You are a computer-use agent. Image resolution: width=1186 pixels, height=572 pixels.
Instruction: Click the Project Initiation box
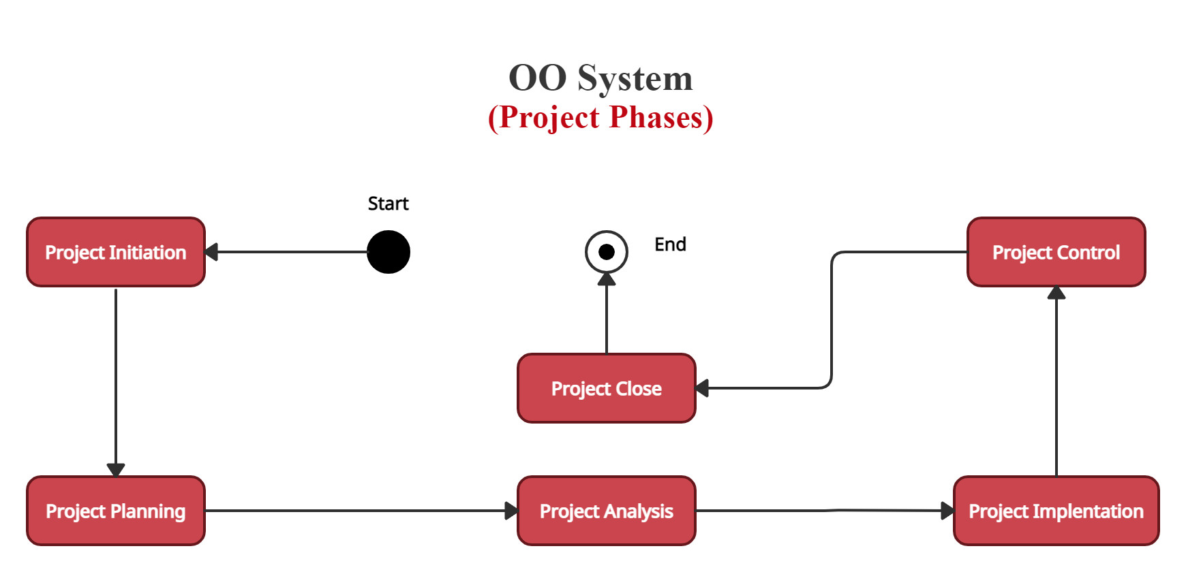click(116, 252)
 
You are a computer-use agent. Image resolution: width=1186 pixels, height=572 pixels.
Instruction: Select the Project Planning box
click(116, 511)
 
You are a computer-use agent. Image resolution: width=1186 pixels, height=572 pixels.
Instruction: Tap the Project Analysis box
click(607, 511)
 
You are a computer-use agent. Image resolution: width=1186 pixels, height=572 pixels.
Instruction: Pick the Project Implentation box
click(1056, 511)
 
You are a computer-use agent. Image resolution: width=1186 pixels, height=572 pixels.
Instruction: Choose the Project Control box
click(1056, 252)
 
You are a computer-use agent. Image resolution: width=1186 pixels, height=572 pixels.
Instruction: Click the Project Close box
click(607, 388)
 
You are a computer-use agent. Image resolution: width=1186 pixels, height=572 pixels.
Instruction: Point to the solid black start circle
click(389, 252)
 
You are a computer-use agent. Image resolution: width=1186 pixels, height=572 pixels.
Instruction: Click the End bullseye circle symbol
click(607, 252)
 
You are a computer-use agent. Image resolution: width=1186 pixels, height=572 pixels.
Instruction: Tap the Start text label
click(388, 204)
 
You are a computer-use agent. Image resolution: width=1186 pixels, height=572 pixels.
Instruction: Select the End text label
click(670, 244)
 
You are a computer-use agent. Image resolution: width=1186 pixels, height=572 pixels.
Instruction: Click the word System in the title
click(635, 78)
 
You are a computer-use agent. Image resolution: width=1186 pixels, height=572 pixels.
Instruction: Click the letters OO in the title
click(538, 78)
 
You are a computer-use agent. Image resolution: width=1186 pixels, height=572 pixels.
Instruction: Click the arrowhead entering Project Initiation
click(211, 252)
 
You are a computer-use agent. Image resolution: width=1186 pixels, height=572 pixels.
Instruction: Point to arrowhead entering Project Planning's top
click(116, 470)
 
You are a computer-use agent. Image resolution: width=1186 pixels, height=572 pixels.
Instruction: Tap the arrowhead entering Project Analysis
click(511, 511)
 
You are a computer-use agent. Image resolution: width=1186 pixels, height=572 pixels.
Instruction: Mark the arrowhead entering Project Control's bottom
click(1056, 293)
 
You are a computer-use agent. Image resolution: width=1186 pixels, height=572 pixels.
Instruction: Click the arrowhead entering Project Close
click(702, 388)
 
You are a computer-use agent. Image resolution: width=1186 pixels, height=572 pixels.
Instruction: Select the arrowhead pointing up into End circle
click(607, 279)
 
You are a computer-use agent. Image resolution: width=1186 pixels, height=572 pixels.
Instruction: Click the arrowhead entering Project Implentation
click(947, 511)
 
